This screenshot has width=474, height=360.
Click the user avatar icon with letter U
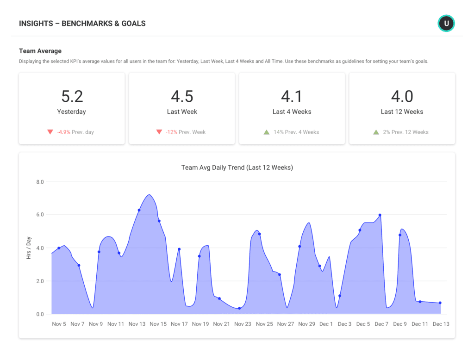click(446, 23)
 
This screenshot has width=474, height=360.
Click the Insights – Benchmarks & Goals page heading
click(82, 23)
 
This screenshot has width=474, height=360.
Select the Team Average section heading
click(40, 51)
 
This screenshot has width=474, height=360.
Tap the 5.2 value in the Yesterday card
click(72, 96)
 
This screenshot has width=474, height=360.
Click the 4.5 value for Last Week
click(182, 96)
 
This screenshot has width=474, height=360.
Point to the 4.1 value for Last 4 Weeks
click(292, 96)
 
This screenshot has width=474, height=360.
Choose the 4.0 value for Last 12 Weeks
click(402, 96)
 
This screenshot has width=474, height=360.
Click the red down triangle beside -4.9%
click(50, 132)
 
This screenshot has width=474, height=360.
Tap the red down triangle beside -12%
click(159, 132)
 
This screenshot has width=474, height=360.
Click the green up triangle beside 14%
click(267, 132)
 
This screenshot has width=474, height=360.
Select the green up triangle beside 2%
click(376, 132)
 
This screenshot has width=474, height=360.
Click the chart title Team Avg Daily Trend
click(237, 168)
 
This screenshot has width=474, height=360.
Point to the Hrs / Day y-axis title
click(29, 248)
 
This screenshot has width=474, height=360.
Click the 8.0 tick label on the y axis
click(40, 182)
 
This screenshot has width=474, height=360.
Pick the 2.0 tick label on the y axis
click(40, 281)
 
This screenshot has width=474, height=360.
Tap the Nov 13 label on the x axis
click(137, 324)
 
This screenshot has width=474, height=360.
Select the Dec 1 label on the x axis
click(326, 324)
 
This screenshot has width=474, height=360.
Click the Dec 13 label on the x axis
click(441, 324)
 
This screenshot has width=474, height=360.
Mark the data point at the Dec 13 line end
click(440, 303)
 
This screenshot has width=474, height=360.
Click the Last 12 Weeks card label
click(402, 112)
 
